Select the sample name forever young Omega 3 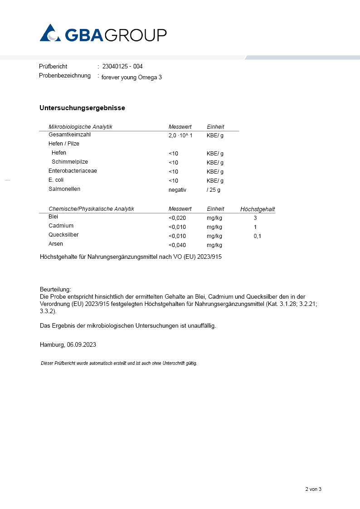click(x=131, y=77)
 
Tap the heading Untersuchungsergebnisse click(x=82, y=108)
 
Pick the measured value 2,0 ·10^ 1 click(x=180, y=136)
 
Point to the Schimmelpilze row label click(x=70, y=162)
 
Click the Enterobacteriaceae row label click(x=73, y=171)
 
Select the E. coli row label click(x=56, y=180)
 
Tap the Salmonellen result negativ click(x=177, y=190)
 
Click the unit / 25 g click(x=214, y=190)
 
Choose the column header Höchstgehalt click(x=258, y=209)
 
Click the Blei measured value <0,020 click(x=177, y=218)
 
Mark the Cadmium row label click(x=61, y=226)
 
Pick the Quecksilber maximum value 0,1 click(x=258, y=236)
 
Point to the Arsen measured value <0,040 click(x=177, y=245)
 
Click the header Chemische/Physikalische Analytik click(x=91, y=209)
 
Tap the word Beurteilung click(x=55, y=289)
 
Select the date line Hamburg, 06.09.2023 click(x=68, y=344)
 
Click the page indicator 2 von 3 click(x=313, y=489)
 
